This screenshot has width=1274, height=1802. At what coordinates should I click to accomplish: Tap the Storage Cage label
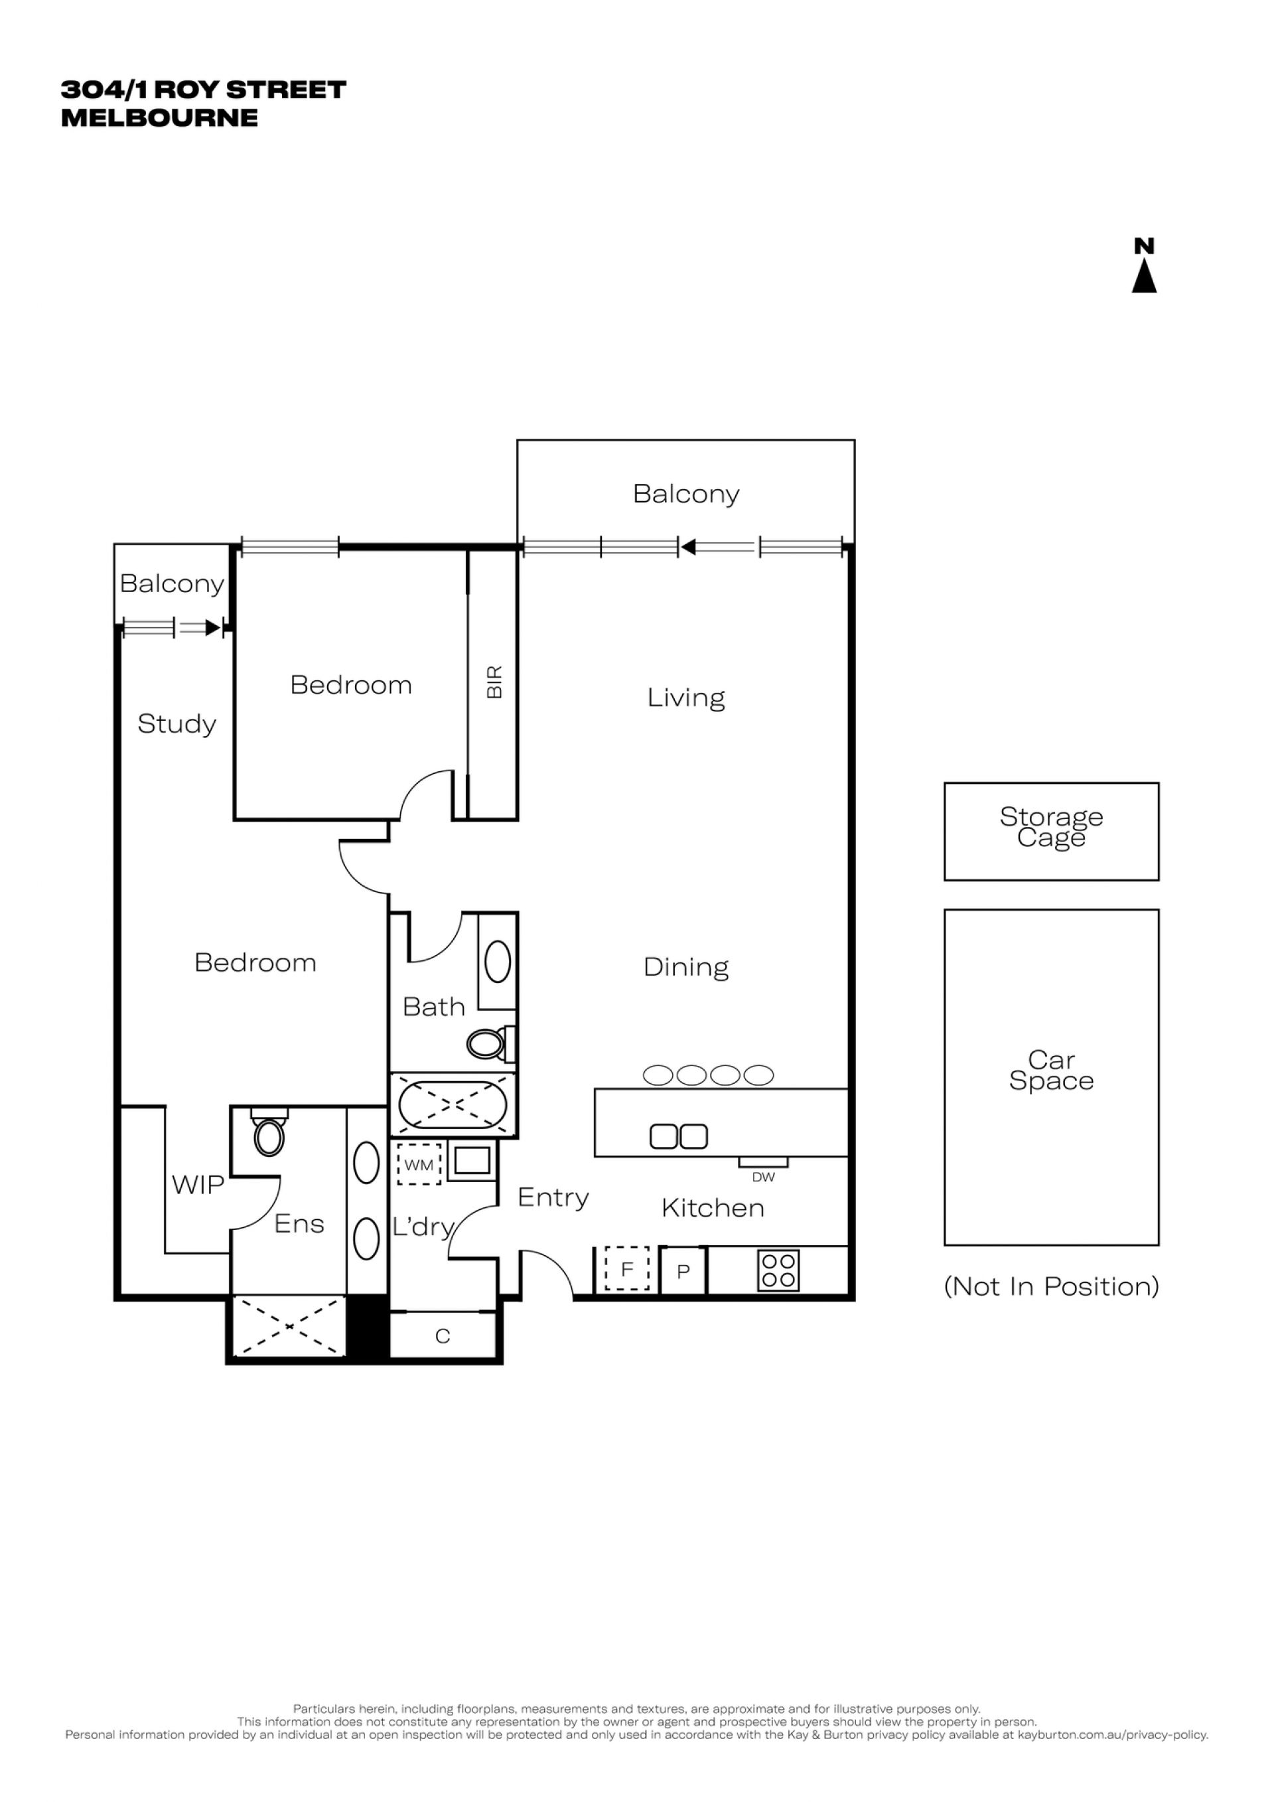(x=1051, y=827)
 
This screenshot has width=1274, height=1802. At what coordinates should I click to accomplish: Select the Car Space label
(x=1051, y=1071)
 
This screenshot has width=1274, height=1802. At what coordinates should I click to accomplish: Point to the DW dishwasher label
(x=763, y=1177)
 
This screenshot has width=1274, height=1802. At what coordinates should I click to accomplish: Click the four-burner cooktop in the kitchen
(x=778, y=1270)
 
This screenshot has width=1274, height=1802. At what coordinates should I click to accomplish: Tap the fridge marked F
(x=627, y=1269)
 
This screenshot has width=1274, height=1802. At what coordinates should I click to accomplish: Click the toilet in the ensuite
(x=269, y=1131)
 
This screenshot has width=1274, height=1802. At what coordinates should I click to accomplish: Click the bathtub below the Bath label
(x=453, y=1104)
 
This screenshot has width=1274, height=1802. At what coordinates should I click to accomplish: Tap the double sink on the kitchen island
(x=679, y=1136)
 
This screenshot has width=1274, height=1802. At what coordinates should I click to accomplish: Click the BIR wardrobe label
(x=494, y=682)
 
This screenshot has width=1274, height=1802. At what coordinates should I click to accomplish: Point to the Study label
(x=177, y=723)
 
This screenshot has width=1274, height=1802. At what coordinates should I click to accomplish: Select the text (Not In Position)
(x=1051, y=1286)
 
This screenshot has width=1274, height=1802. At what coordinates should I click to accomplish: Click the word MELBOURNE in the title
(x=159, y=117)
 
